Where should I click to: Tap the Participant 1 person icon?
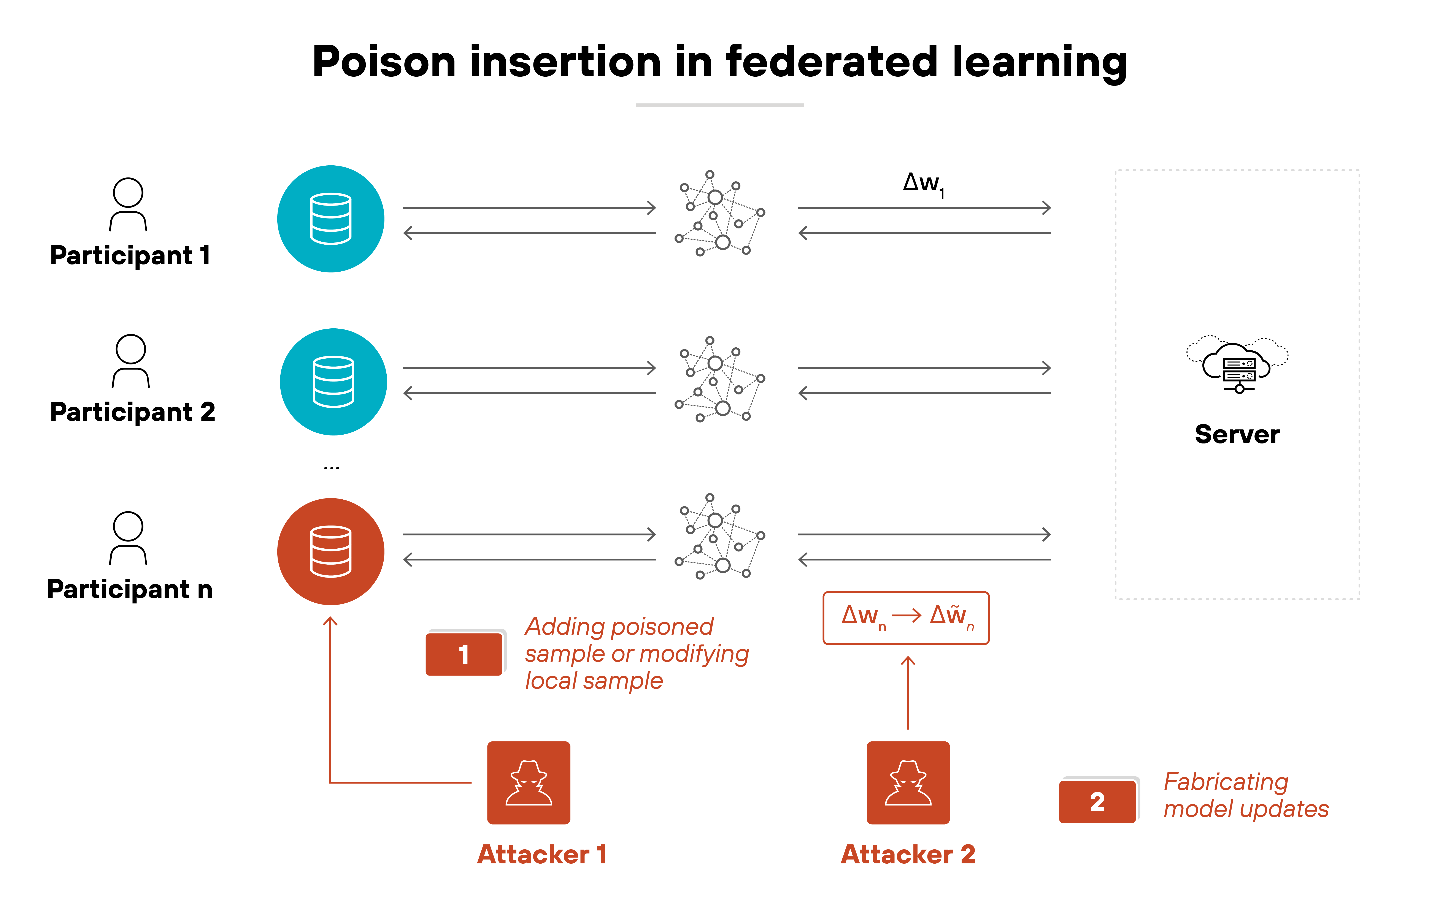point(128,204)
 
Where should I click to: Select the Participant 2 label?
point(132,412)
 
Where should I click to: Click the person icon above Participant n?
point(128,538)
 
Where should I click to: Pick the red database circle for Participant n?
point(331,551)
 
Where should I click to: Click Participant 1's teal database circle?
point(331,219)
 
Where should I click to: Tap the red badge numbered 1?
point(464,654)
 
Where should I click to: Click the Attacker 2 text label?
point(908,855)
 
